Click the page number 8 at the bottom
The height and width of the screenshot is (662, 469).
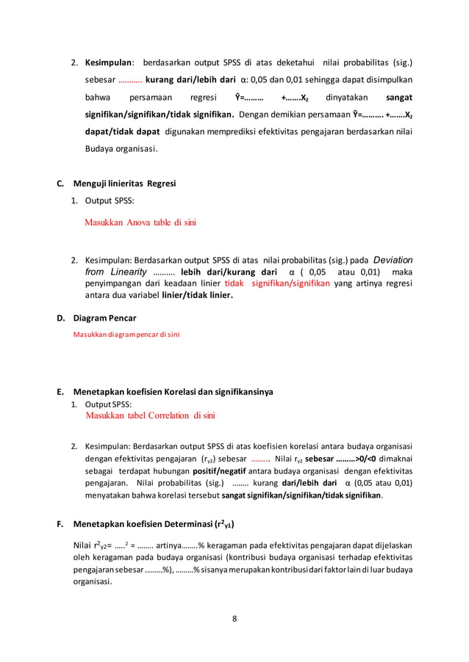coord(234,618)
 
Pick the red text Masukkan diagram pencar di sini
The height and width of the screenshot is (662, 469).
coord(126,335)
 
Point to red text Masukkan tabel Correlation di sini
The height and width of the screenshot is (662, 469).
coord(150,415)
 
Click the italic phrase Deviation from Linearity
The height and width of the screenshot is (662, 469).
coord(243,265)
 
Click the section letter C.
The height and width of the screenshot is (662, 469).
coord(60,183)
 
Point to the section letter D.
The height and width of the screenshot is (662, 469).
coord(60,318)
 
